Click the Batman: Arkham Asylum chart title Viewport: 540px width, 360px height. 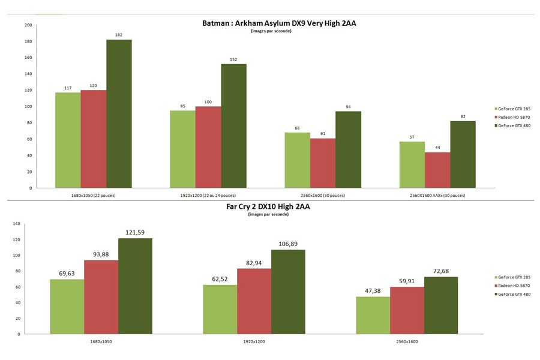coord(283,23)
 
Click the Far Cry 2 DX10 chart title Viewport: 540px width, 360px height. coord(270,206)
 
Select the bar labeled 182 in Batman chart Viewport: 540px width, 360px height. coord(119,114)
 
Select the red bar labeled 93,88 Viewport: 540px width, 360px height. coord(101,297)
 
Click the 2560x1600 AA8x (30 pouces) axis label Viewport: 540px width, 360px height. coord(437,196)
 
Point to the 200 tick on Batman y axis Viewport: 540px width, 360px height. coord(28,25)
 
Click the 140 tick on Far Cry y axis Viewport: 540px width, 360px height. coord(16,224)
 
